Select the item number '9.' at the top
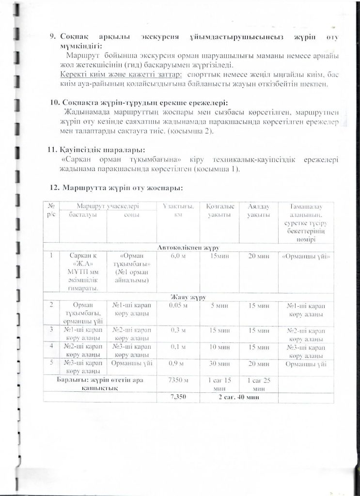tap(54, 37)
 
